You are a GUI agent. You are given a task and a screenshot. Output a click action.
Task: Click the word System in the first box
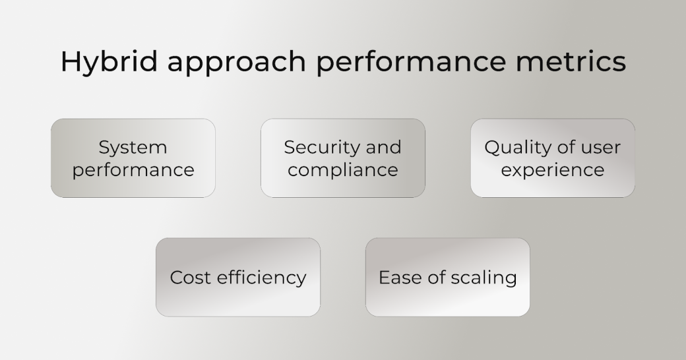click(133, 148)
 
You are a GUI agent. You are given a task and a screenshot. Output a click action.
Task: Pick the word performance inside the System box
click(133, 171)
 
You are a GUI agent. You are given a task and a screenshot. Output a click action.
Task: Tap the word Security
click(322, 148)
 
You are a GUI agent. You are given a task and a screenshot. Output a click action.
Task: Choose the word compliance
click(343, 170)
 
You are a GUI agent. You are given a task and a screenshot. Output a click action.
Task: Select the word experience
click(553, 170)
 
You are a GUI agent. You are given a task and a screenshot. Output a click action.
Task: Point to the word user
click(600, 148)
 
